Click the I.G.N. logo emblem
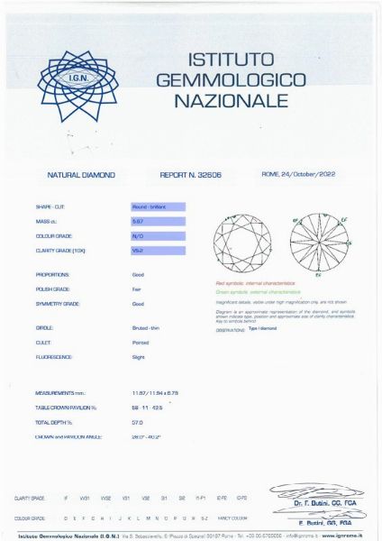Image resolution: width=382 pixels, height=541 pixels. (x=83, y=78)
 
